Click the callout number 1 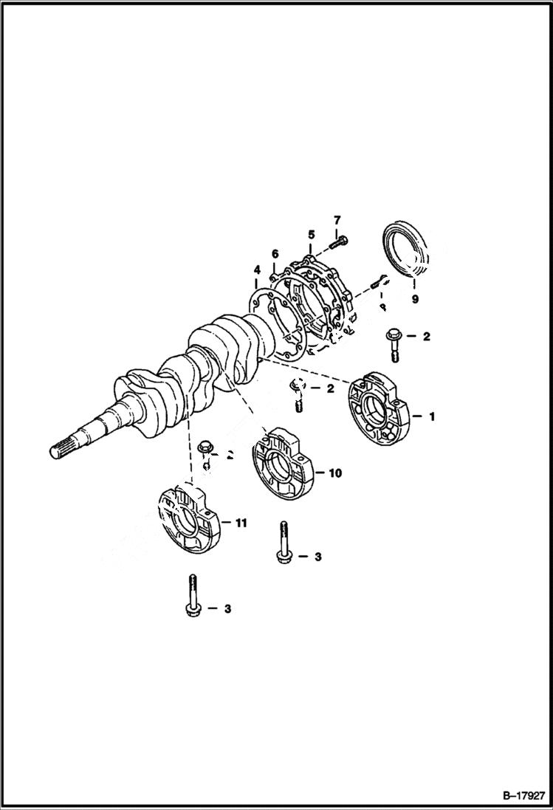pos(431,416)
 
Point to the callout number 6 pos(275,254)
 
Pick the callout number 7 pos(337,220)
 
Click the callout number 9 pos(415,299)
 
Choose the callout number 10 pos(335,473)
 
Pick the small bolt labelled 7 pos(340,239)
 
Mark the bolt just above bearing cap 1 pos(393,343)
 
